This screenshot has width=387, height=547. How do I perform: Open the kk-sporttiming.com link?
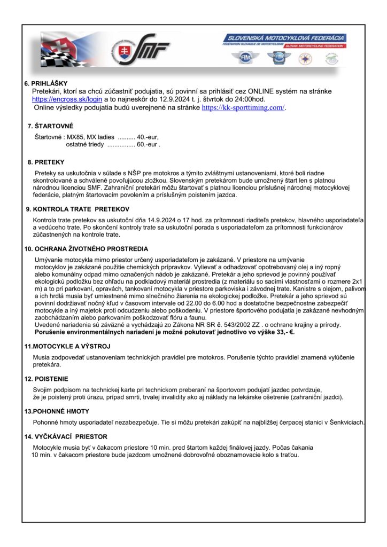coord(244,107)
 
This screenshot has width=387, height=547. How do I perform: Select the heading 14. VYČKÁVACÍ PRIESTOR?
coord(66,436)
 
